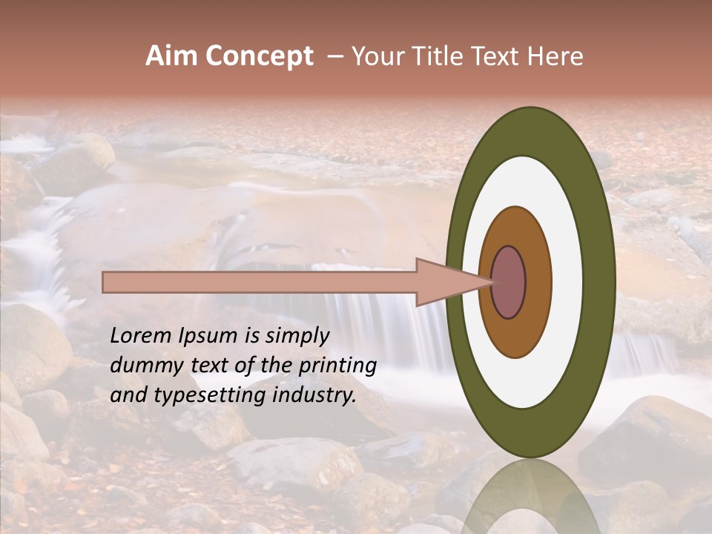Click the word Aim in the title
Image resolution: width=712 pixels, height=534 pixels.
(x=169, y=56)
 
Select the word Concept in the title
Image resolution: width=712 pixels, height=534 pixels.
(x=257, y=56)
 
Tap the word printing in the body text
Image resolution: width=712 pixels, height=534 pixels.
(x=337, y=366)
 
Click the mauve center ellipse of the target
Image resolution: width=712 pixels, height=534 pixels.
(x=508, y=282)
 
